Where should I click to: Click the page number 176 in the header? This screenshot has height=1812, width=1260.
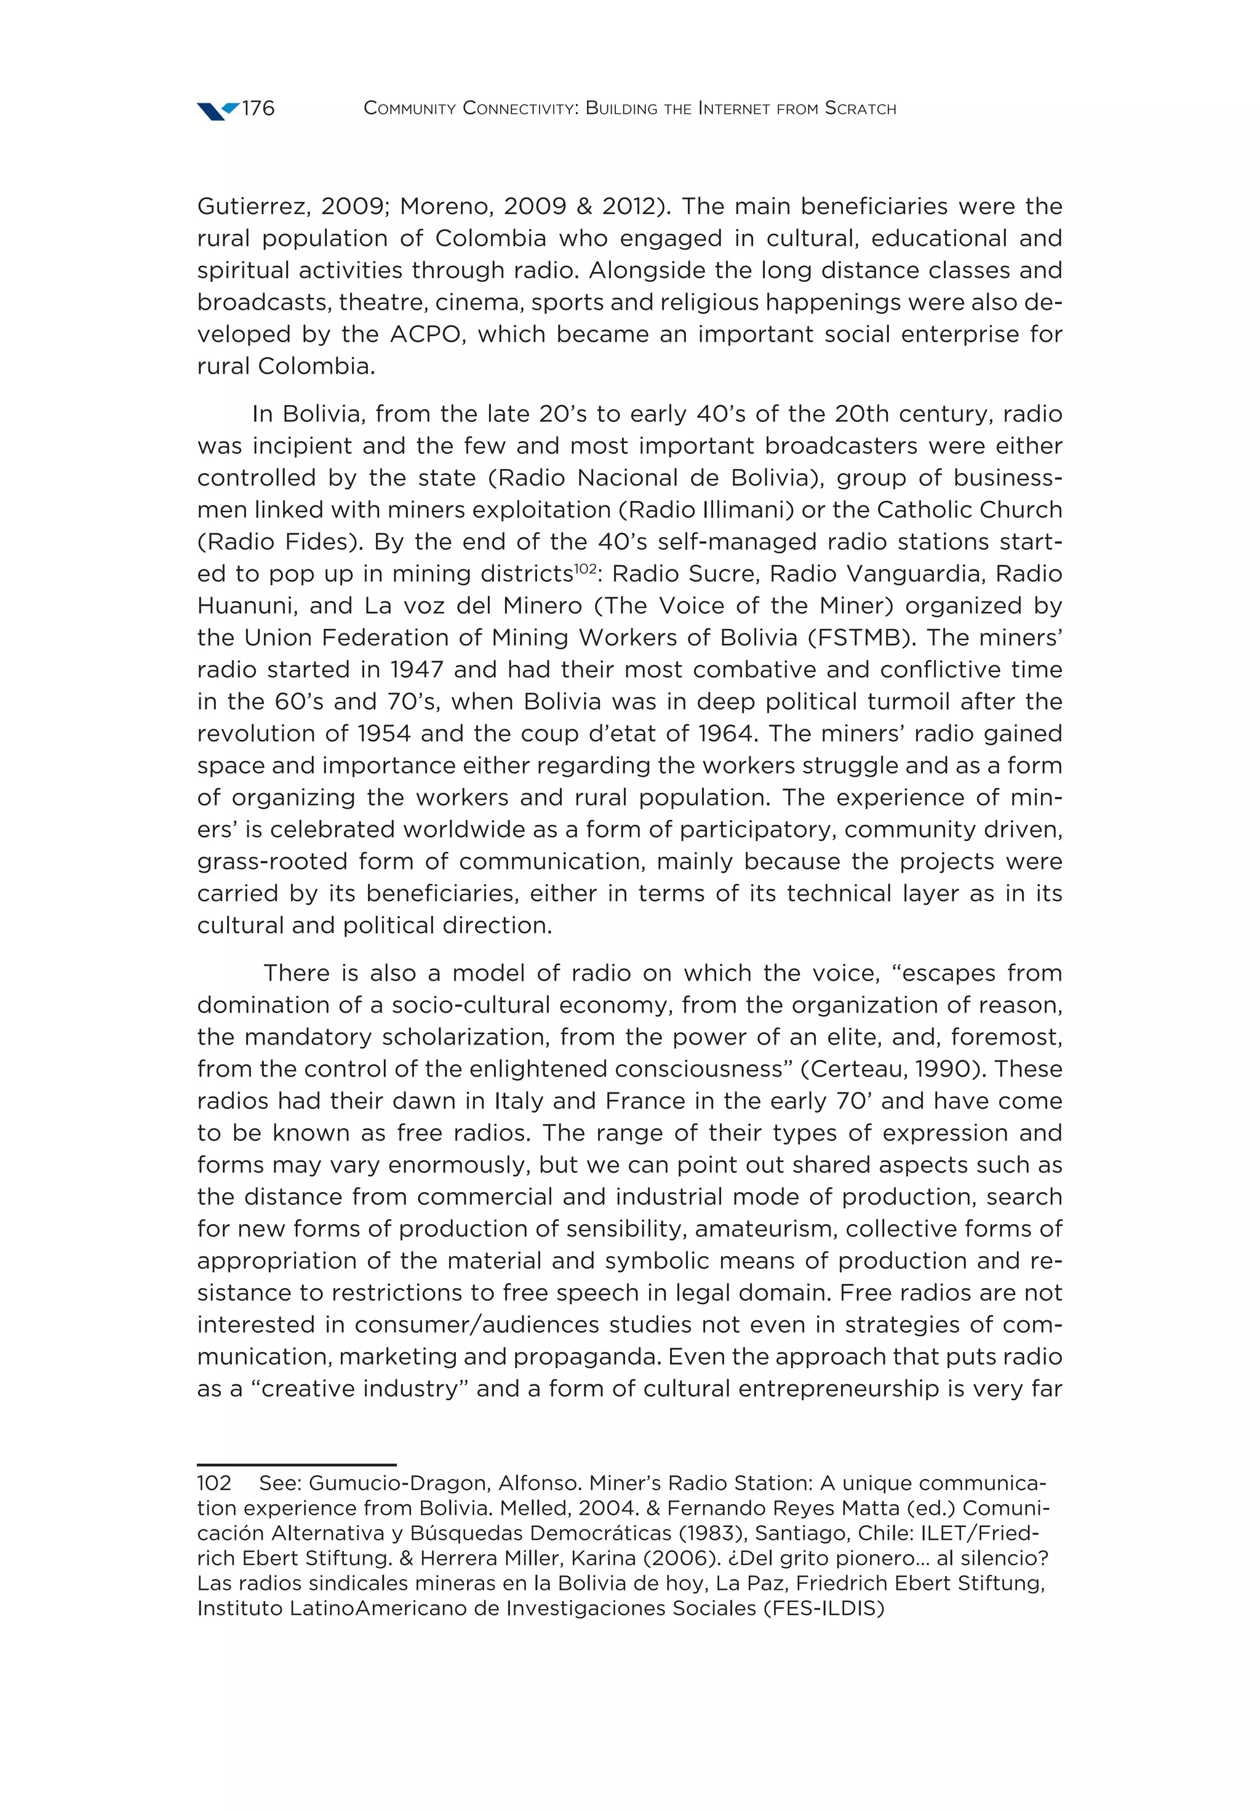pos(258,108)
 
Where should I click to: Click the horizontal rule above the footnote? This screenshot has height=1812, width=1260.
pos(296,1465)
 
